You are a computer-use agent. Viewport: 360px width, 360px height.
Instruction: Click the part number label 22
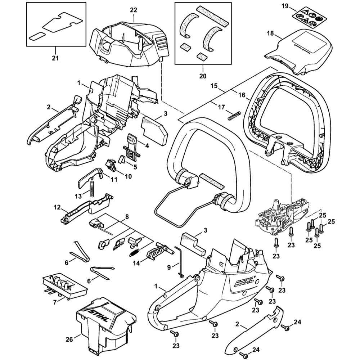(x=134, y=10)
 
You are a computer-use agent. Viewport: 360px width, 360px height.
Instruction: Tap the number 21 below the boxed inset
(x=55, y=58)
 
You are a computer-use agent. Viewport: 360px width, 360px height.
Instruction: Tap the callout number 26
(x=69, y=339)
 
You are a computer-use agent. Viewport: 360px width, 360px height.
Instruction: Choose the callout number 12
(x=57, y=208)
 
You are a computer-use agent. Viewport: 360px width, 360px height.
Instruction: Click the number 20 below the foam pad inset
(x=202, y=76)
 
